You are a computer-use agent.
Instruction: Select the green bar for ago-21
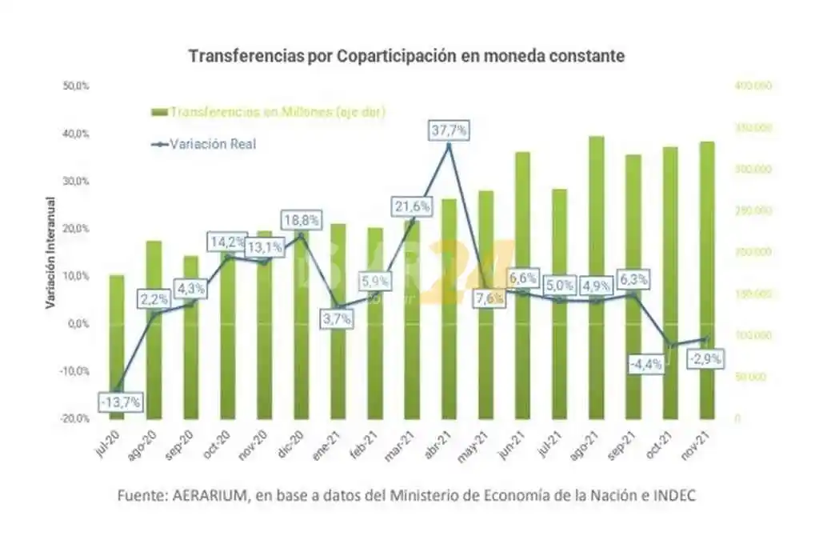[596, 280]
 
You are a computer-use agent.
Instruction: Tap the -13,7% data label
[122, 402]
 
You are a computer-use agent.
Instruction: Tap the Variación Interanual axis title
[50, 252]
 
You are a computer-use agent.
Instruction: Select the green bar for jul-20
[117, 346]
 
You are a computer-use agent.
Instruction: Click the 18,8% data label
[301, 219]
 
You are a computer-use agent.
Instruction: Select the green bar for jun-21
[522, 284]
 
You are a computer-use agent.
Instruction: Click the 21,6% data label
[411, 206]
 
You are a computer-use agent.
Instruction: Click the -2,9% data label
[705, 358]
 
